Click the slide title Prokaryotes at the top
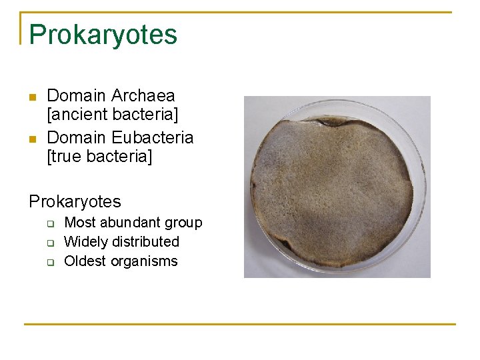click(x=103, y=35)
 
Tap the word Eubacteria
click(x=153, y=137)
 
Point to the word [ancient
click(x=79, y=115)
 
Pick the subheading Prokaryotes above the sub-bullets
click(x=75, y=201)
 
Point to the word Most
click(x=79, y=223)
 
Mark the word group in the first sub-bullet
click(x=183, y=223)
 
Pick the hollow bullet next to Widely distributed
click(x=50, y=243)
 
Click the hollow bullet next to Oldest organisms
click(x=50, y=262)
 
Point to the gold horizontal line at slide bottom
click(x=240, y=324)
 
